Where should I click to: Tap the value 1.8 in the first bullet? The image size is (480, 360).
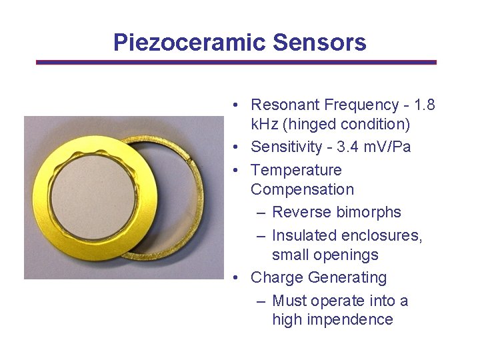(x=425, y=105)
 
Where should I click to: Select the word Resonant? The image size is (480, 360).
(x=285, y=105)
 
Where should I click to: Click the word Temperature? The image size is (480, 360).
(x=296, y=170)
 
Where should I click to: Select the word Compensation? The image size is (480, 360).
(x=302, y=189)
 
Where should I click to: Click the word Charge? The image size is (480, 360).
(x=278, y=277)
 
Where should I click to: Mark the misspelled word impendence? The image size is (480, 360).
(x=351, y=319)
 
